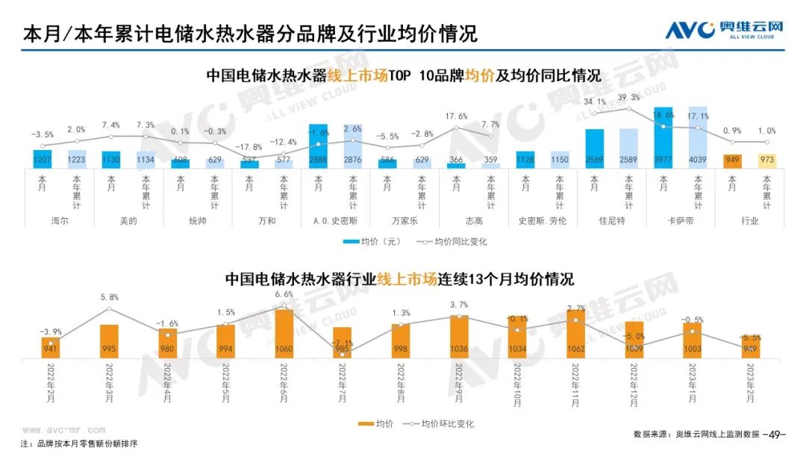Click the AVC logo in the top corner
[x=724, y=31]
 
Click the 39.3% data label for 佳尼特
[x=629, y=98]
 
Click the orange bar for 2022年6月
[x=284, y=333]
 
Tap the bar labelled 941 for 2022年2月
[x=51, y=347]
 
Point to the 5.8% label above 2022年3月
[x=109, y=297]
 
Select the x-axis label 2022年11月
[x=575, y=384]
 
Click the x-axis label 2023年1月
[x=693, y=384]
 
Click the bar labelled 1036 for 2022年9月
[x=460, y=337]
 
